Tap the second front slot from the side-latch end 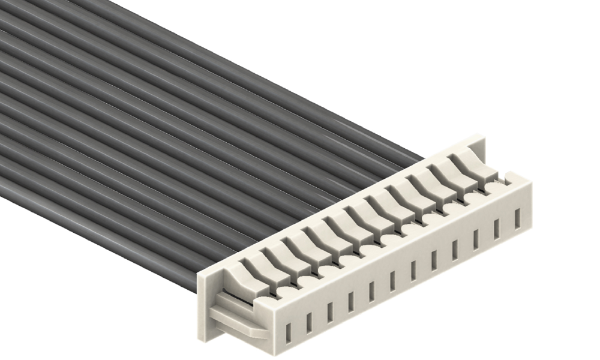[x=310, y=320]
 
